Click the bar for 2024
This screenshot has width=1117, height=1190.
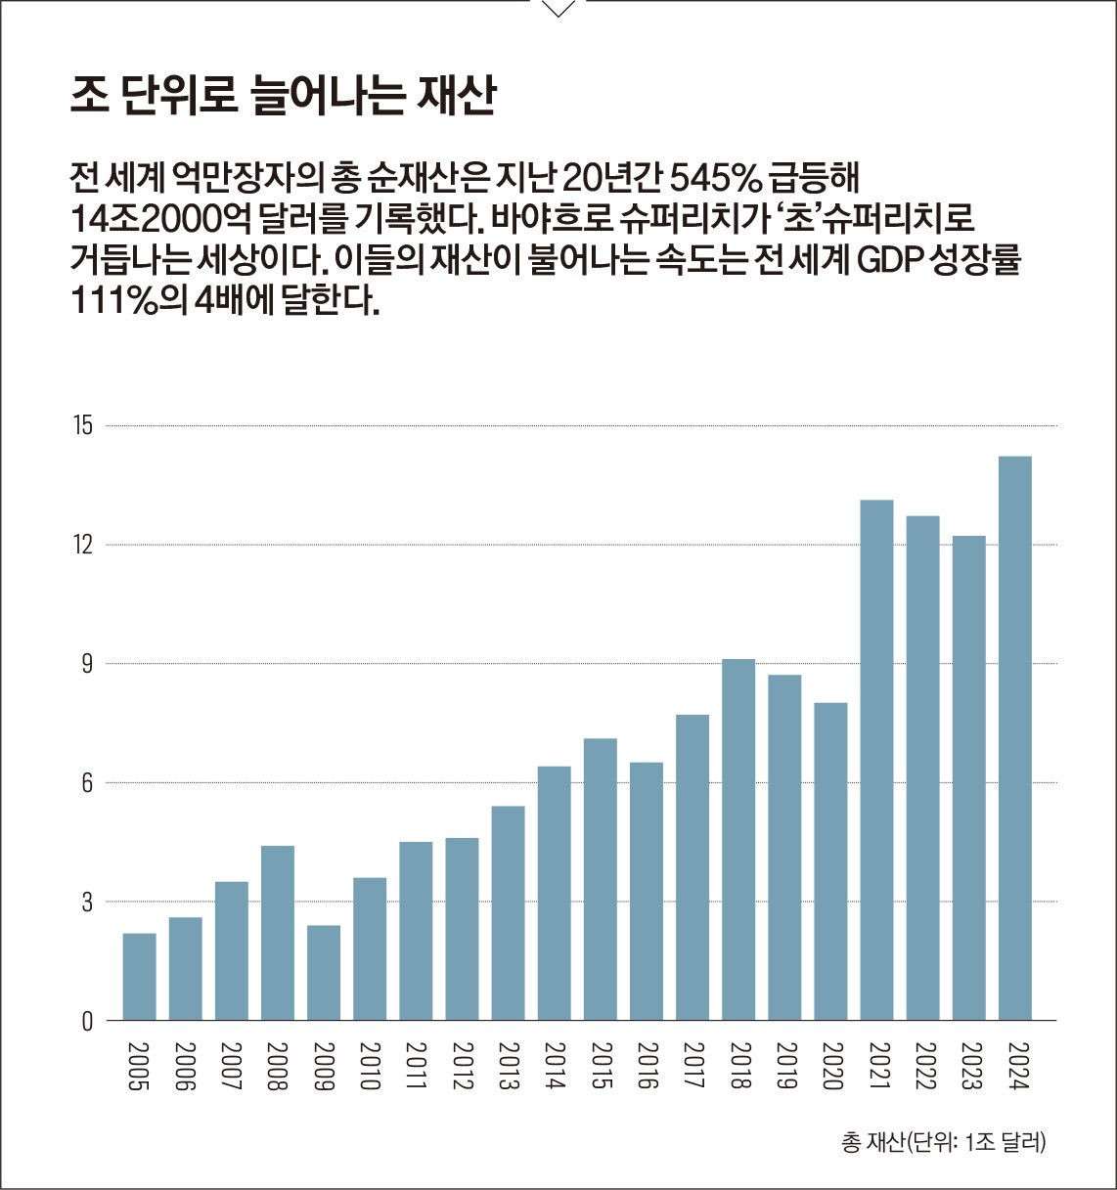tap(1014, 738)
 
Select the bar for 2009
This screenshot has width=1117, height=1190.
tap(324, 973)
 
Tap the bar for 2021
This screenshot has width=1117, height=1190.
tap(876, 760)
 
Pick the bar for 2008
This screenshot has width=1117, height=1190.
tap(278, 933)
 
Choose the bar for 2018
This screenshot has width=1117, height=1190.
tap(738, 840)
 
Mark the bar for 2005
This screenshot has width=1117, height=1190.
tap(139, 977)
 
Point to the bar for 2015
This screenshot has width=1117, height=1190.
tap(601, 879)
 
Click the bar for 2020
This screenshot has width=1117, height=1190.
tap(830, 861)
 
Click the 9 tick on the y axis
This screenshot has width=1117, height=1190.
tap(86, 664)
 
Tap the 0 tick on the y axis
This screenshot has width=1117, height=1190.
tap(87, 1021)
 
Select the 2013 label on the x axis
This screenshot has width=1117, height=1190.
tap(508, 1066)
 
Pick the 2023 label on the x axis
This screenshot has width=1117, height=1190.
tap(968, 1066)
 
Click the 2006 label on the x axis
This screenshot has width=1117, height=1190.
tap(186, 1066)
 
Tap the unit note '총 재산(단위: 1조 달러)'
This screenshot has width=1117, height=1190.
tap(943, 1142)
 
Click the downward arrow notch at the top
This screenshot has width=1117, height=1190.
tap(558, 9)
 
